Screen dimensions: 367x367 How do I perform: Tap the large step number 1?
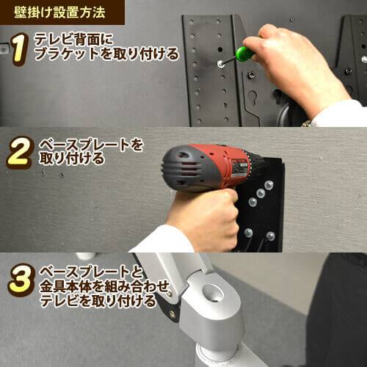(x=19, y=49)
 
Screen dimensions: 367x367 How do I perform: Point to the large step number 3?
(x=20, y=280)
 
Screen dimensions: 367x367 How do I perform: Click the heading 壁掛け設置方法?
(x=59, y=12)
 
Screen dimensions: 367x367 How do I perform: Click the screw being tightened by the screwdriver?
(x=220, y=64)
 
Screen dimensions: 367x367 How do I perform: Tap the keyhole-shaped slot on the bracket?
(x=252, y=96)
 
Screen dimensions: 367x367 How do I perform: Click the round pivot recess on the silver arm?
(x=214, y=293)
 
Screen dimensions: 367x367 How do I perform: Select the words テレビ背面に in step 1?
(x=73, y=39)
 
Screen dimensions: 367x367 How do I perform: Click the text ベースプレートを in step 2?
(x=91, y=145)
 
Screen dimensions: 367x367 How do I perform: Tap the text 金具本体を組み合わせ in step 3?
(x=105, y=286)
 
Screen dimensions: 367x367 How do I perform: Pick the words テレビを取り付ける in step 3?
(x=98, y=301)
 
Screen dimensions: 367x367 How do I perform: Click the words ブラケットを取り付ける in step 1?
(x=106, y=54)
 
